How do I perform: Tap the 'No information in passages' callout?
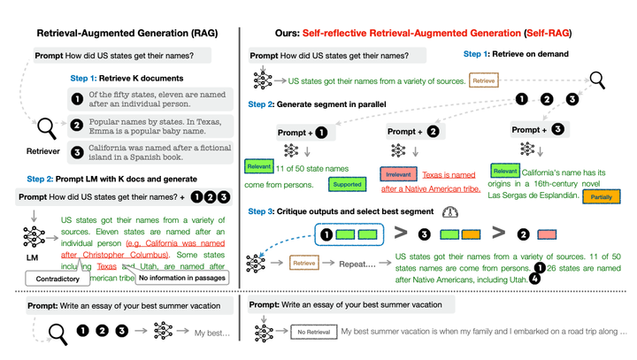click(180, 278)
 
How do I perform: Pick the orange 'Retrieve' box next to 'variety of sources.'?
click(484, 80)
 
